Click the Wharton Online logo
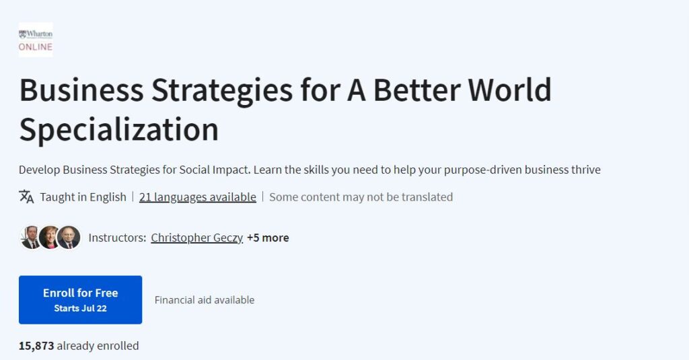(x=36, y=39)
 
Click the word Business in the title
(x=81, y=91)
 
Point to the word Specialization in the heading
(x=118, y=129)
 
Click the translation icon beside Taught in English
(x=26, y=196)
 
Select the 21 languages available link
(x=197, y=197)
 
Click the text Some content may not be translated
(x=361, y=197)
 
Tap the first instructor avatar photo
(x=31, y=237)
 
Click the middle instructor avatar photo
(x=50, y=237)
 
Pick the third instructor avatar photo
(x=69, y=237)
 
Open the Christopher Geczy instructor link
(x=196, y=238)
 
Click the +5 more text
(x=268, y=238)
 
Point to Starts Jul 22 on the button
(x=80, y=308)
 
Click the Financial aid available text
(x=205, y=300)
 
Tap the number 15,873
(x=36, y=346)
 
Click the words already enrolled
(x=98, y=346)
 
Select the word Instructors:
(x=117, y=238)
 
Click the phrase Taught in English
(x=83, y=197)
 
